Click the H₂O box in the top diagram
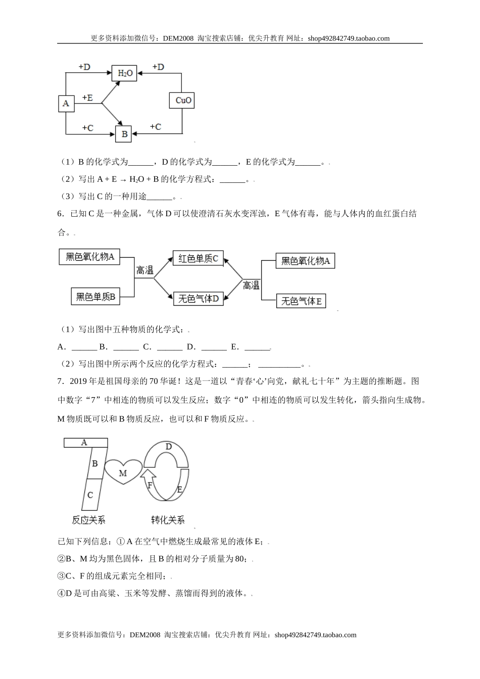click(125, 73)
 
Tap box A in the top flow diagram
click(66, 104)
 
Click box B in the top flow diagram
click(124, 134)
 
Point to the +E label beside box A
click(87, 98)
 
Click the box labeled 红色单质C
click(198, 259)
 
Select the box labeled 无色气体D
click(198, 299)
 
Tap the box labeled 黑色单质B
click(96, 297)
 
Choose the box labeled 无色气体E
click(301, 301)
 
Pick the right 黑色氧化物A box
click(305, 261)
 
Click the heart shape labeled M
click(123, 473)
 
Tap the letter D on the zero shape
click(169, 447)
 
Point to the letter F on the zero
click(150, 485)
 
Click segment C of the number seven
click(90, 495)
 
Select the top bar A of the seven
click(85, 443)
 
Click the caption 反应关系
click(88, 520)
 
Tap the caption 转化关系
click(168, 520)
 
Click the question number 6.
click(60, 214)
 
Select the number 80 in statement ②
click(241, 559)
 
